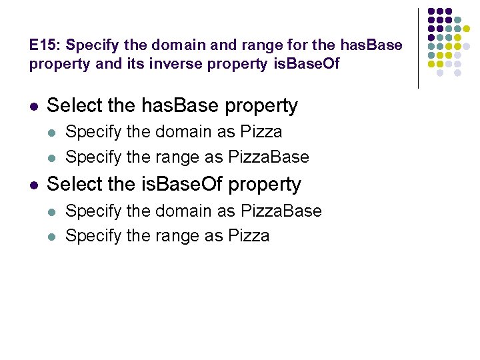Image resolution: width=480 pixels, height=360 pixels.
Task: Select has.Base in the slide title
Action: point(371,46)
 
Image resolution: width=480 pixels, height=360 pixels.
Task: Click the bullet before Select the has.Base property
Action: point(34,106)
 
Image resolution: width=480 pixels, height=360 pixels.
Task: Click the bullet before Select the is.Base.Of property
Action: point(34,184)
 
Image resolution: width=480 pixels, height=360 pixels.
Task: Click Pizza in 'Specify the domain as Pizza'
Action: point(261,131)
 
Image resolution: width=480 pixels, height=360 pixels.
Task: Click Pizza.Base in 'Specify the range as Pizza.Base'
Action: point(269,157)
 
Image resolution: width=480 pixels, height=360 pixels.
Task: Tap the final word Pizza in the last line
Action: point(249,236)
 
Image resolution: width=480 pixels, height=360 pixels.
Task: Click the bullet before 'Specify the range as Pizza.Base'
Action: point(52,158)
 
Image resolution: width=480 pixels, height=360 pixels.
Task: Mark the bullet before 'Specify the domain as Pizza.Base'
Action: point(52,212)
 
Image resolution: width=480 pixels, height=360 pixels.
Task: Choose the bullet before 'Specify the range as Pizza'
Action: point(52,237)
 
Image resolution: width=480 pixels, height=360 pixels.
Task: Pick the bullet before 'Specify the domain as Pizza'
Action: point(52,132)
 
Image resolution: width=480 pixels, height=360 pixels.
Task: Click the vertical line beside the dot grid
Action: point(418,48)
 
